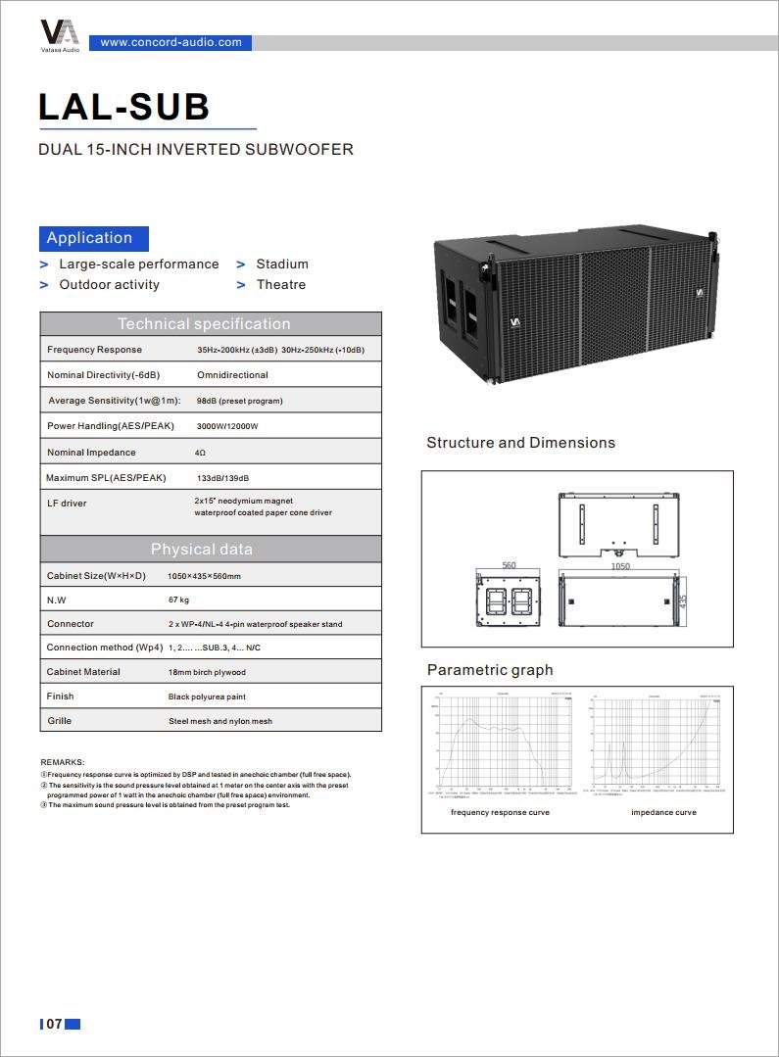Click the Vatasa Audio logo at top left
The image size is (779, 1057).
pyautogui.click(x=60, y=33)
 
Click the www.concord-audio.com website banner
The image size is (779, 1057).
pyautogui.click(x=170, y=42)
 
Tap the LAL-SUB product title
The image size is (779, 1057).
pyautogui.click(x=123, y=107)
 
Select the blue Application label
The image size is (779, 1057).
pyautogui.click(x=90, y=238)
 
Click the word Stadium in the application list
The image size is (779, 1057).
pyautogui.click(x=282, y=264)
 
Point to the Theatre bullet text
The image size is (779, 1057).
pyautogui.click(x=281, y=285)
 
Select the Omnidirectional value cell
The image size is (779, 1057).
pyautogui.click(x=232, y=375)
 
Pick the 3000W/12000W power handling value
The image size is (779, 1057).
pyautogui.click(x=227, y=427)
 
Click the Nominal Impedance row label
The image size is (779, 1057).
pyautogui.click(x=91, y=453)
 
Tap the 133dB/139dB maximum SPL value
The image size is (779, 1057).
pyautogui.click(x=223, y=478)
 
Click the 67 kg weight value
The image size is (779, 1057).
pyautogui.click(x=179, y=600)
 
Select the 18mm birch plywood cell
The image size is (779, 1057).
pyautogui.click(x=207, y=673)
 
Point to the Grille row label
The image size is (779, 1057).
pyautogui.click(x=60, y=721)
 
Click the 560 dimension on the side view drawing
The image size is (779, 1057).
pyautogui.click(x=509, y=566)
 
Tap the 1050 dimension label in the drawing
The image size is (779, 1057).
pyautogui.click(x=620, y=566)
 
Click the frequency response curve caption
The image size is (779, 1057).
pyautogui.click(x=500, y=812)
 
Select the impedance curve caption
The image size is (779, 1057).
pyautogui.click(x=663, y=812)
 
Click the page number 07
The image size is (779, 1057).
pyautogui.click(x=54, y=1025)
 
